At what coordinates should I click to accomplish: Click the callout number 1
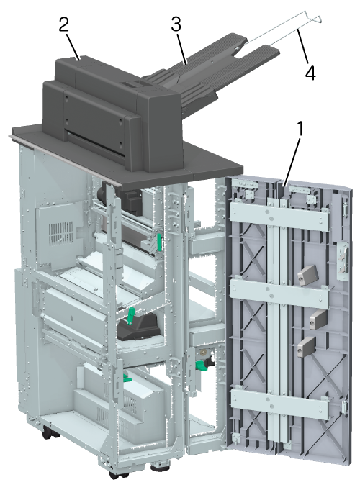pos(300,129)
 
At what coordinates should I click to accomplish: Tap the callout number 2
pos(64,24)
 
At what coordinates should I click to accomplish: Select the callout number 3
pos(176,24)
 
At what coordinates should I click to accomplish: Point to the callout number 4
pos(310,73)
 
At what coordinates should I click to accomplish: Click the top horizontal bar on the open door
pos(279,217)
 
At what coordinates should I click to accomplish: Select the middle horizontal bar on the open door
pos(279,294)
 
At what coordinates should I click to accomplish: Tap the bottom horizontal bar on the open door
pos(279,404)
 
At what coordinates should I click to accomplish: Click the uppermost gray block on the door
pos(307,275)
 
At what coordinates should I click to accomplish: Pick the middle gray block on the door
pos(318,319)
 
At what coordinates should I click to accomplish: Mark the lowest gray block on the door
pos(306,347)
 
